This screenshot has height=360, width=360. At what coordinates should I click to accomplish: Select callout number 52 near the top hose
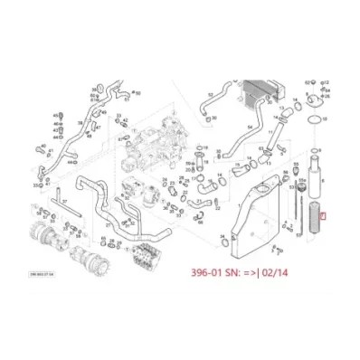click(x=211, y=92)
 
